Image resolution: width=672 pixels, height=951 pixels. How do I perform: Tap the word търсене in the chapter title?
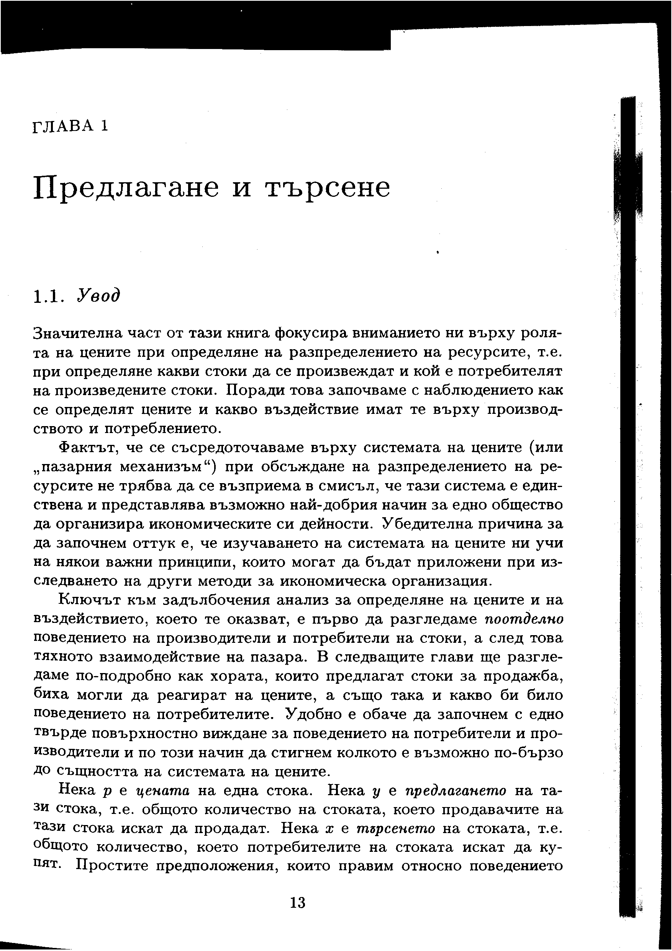(327, 188)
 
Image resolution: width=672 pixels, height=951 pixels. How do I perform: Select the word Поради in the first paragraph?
(254, 390)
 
